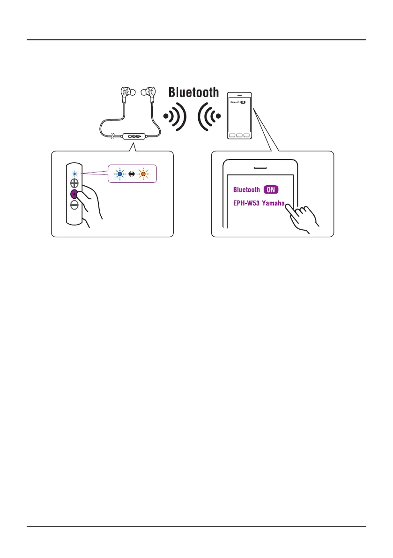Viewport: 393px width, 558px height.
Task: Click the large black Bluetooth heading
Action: click(193, 92)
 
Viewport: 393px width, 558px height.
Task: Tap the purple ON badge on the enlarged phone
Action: click(272, 190)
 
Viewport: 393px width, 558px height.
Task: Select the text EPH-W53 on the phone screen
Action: click(246, 204)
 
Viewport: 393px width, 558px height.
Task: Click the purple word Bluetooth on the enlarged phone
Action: click(246, 190)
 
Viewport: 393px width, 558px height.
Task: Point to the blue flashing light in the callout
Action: click(120, 174)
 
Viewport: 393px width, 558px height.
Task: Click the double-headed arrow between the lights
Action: click(132, 174)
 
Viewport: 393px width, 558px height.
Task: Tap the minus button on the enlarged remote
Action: click(74, 204)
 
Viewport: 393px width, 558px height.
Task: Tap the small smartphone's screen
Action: click(239, 115)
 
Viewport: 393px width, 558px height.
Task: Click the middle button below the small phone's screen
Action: click(239, 136)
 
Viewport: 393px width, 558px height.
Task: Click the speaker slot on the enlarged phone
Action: click(260, 167)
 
